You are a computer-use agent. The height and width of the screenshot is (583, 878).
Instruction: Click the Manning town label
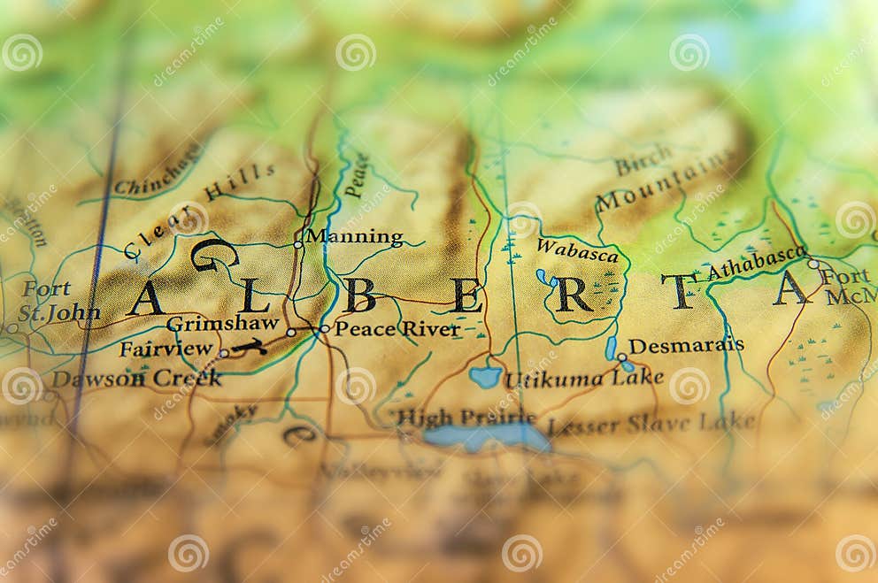(x=354, y=237)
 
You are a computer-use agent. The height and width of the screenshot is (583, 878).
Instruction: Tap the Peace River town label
(x=397, y=329)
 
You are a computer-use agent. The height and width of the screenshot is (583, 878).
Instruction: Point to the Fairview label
(x=166, y=349)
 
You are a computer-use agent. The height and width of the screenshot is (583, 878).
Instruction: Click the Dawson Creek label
(x=136, y=379)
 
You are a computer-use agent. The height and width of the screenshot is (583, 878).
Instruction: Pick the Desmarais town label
(x=686, y=346)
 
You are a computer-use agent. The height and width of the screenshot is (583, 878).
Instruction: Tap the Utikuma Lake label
(x=583, y=379)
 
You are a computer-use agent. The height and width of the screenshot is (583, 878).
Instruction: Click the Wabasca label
(x=577, y=251)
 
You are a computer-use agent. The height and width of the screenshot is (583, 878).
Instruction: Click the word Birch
(x=643, y=163)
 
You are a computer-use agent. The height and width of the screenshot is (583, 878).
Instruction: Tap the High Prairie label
(x=466, y=417)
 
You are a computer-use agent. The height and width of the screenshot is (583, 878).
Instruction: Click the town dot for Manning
(x=298, y=244)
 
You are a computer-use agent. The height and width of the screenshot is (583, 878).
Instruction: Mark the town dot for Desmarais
(x=622, y=357)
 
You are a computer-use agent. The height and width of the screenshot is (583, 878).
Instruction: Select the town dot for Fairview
(x=224, y=353)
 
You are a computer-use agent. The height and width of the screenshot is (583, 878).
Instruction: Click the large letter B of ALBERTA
(x=360, y=295)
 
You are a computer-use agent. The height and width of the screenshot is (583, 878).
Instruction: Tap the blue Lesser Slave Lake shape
(x=486, y=436)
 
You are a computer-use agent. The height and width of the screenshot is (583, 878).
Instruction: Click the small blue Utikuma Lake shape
(x=485, y=376)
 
